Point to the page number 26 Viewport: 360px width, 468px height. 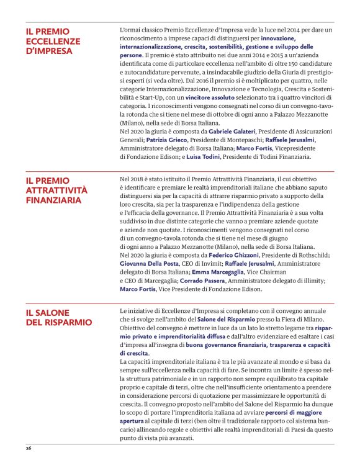(x=28, y=448)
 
